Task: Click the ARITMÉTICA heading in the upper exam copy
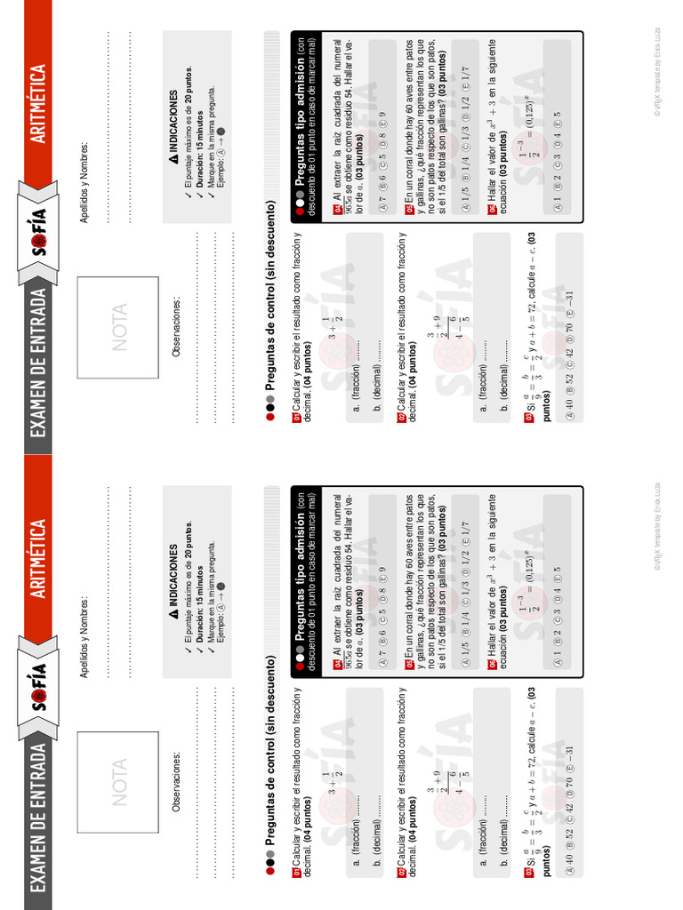pyautogui.click(x=38, y=105)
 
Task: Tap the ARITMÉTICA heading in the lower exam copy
pyautogui.click(x=38, y=560)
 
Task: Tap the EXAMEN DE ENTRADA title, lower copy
pyautogui.click(x=38, y=818)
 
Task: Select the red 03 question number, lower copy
pyautogui.click(x=530, y=875)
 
